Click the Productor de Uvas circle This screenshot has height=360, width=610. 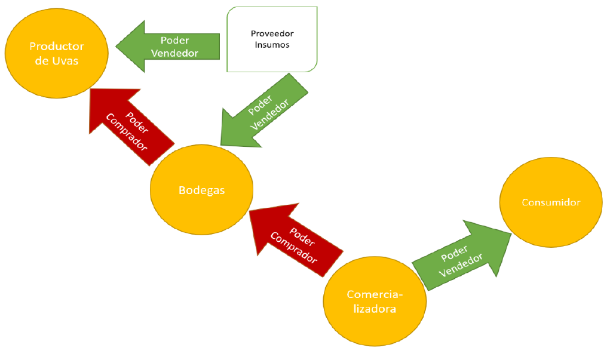57,54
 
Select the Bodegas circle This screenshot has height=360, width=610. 202,190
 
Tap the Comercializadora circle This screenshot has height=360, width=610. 375,301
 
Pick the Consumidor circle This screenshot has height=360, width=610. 551,202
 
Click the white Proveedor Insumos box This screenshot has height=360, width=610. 271,39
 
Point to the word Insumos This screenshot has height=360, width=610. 272,45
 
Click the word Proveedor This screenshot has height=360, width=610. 272,34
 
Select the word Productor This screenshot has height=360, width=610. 57,46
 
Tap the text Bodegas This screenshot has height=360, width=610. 202,190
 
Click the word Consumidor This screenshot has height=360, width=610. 551,202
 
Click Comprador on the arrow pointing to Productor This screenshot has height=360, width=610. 127,133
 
